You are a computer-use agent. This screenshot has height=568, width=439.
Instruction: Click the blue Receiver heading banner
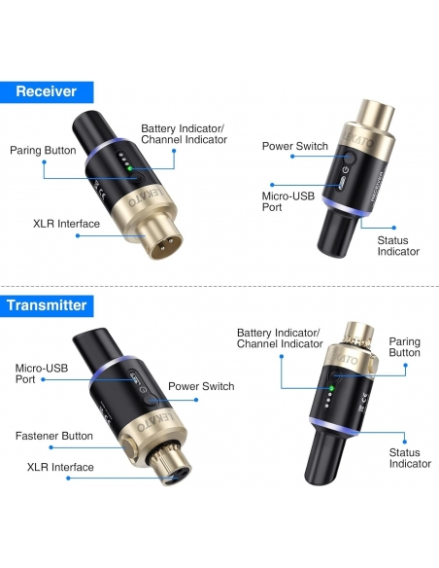pos(47,92)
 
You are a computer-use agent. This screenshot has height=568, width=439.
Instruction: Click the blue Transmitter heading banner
pos(47,305)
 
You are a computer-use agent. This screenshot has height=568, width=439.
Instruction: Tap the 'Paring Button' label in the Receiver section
pos(43,151)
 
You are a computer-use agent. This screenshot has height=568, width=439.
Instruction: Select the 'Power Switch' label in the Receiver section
pos(294,146)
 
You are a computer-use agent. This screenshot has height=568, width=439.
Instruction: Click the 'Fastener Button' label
pos(54,436)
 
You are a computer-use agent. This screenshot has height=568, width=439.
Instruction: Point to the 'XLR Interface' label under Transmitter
pos(60,467)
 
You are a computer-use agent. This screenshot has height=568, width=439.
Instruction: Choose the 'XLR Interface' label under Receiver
pos(67,224)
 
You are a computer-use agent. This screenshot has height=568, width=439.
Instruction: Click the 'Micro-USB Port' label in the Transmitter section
pos(42,373)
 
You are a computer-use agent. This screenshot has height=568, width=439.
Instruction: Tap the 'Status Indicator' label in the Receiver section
pos(398,246)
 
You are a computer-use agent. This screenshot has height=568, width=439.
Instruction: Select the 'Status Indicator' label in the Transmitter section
pos(410,458)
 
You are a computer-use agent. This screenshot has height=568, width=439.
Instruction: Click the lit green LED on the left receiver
pos(130,169)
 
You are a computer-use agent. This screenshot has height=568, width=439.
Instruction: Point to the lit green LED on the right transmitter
pos(331,388)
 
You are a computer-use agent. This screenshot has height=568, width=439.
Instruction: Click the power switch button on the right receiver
pos(349,158)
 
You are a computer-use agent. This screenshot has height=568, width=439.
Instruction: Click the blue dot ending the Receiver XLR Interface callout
pos(78,235)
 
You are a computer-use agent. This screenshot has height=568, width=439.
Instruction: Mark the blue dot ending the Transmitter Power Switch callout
pos(196,400)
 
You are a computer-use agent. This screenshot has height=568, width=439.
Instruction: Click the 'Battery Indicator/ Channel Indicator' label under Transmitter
pos(280,337)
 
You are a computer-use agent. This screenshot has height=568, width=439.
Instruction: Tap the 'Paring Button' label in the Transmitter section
pos(405,347)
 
